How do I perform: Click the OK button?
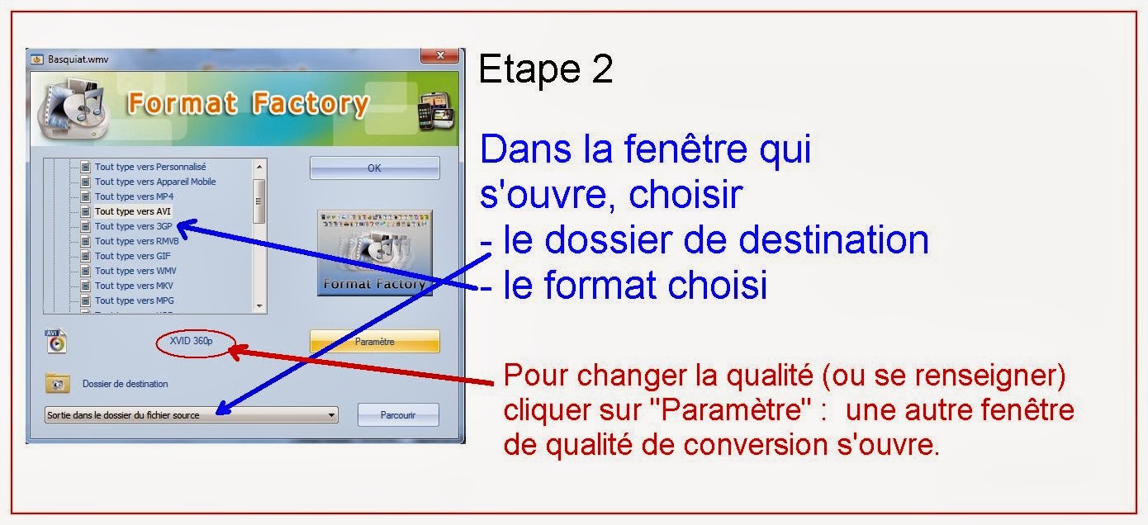coord(374,168)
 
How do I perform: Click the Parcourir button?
coord(398,414)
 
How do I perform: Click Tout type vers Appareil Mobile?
coord(155,182)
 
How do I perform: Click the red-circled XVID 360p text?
coord(191,341)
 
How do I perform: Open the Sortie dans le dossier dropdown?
coord(331,414)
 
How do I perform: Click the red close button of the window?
coord(439,57)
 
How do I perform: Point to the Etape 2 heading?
coord(546,70)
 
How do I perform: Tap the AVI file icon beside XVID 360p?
coord(56,340)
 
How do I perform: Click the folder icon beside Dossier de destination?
coord(57,384)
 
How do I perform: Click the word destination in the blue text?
coord(834,240)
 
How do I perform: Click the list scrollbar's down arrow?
coord(259,306)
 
